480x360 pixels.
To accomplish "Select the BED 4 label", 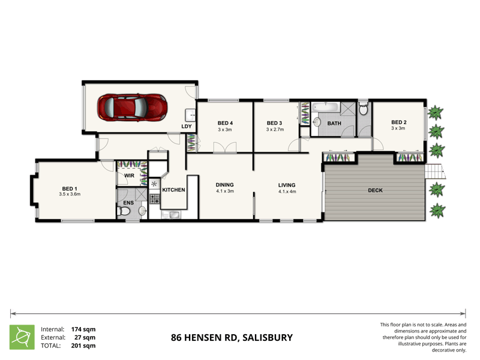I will pos(225,123).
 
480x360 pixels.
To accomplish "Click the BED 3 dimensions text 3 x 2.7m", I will pos(275,130).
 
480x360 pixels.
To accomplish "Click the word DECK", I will pos(375,191).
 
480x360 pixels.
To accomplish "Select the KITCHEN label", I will pos(173,190).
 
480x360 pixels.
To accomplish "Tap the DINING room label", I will pos(225,185).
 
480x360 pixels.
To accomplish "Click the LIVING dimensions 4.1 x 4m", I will pos(289,192).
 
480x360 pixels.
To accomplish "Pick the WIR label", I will pos(128,175).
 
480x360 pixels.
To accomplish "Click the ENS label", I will pos(128,203).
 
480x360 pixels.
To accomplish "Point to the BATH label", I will pos(334,124).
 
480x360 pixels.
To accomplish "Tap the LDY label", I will pos(187,126).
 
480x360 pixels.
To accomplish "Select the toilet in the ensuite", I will pos(141,211).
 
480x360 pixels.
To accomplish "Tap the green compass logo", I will pos(22,337).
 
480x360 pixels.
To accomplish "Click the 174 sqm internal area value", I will pos(83,329).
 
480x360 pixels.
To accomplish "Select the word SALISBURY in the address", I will pos(267,337).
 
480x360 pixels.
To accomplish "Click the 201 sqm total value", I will pos(83,346).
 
